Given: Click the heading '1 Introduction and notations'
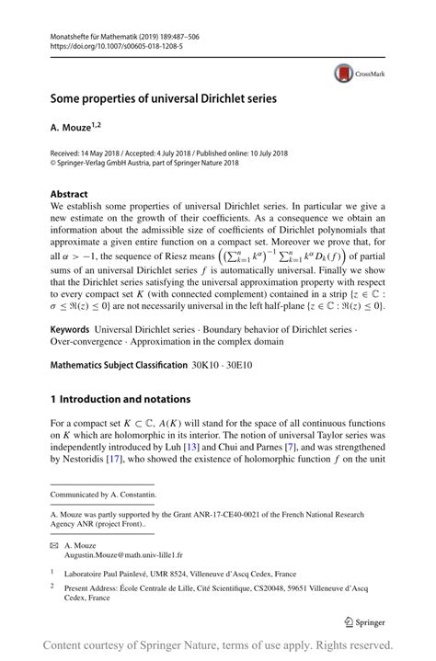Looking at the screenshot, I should click(120, 399).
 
